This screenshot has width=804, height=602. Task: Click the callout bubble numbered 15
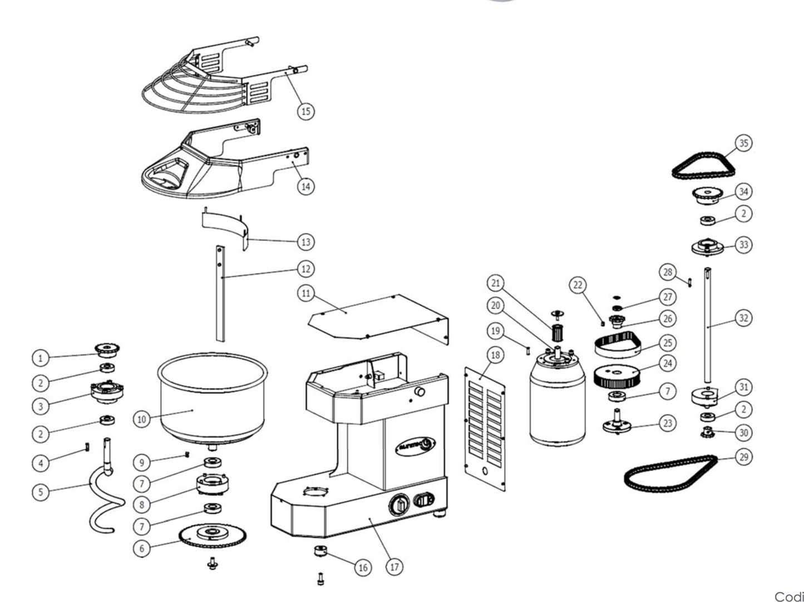305,111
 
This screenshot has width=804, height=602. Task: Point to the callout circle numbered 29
743,457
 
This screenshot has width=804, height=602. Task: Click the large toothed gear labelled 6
213,536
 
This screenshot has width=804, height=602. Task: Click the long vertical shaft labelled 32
709,328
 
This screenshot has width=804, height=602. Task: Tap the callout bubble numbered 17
394,567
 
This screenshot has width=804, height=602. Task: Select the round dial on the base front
399,506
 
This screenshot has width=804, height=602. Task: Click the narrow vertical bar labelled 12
221,295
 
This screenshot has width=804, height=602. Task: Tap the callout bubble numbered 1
40,359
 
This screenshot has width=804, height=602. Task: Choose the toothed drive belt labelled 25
618,345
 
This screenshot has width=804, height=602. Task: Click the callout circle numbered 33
743,245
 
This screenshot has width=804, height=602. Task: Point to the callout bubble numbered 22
579,285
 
